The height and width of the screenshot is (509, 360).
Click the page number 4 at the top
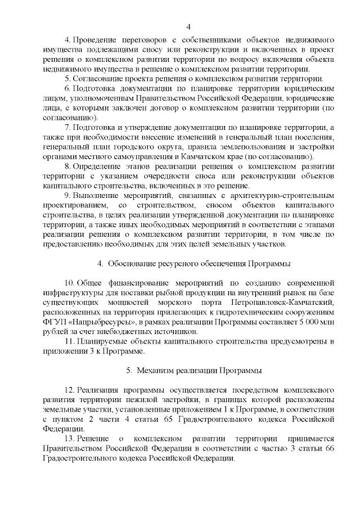[188, 26]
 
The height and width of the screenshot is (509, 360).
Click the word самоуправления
[142, 156]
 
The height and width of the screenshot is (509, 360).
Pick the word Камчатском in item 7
[209, 156]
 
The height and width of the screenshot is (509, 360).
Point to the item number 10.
[70, 283]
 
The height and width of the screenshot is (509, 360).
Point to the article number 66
[330, 448]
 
